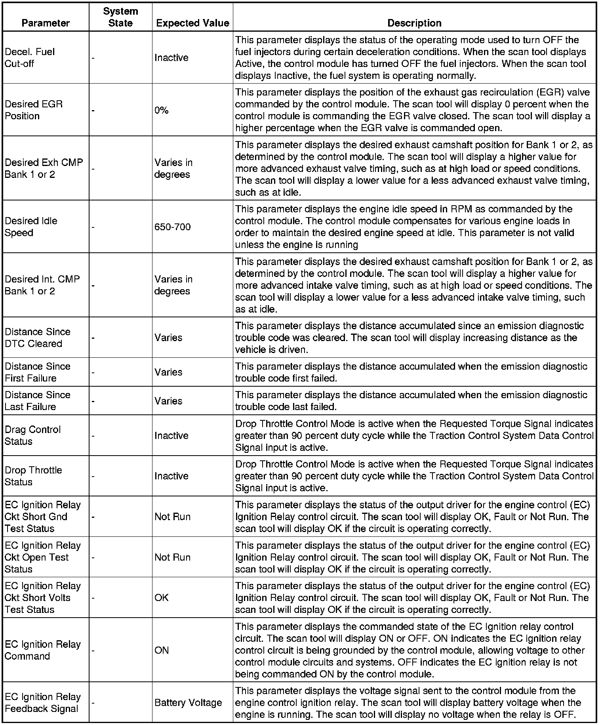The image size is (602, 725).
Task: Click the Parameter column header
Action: [46, 23]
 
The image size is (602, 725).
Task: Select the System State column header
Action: [120, 17]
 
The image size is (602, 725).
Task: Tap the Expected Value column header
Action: [192, 23]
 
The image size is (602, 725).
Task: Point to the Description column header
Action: [414, 23]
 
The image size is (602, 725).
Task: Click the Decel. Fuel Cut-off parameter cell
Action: [30, 57]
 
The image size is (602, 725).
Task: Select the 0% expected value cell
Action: [162, 110]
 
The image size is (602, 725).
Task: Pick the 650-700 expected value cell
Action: [173, 227]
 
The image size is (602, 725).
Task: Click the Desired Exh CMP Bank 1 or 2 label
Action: [44, 168]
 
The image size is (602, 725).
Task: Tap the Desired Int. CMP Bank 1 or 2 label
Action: [42, 285]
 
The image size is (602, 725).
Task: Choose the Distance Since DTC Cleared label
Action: [38, 338]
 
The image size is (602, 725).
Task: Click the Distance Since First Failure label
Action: [38, 372]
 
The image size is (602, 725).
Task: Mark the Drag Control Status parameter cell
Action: [32, 435]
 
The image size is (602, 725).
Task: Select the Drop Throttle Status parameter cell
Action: [33, 476]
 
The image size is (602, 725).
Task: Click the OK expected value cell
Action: [162, 597]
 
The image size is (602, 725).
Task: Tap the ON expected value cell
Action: [162, 650]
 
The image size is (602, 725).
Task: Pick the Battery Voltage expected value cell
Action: [188, 702]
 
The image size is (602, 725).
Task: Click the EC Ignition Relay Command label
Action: [43, 650]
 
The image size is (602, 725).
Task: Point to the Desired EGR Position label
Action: [34, 110]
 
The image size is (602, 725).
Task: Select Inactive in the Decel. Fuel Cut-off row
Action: [171, 57]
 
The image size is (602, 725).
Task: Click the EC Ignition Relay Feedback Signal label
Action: [43, 702]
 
